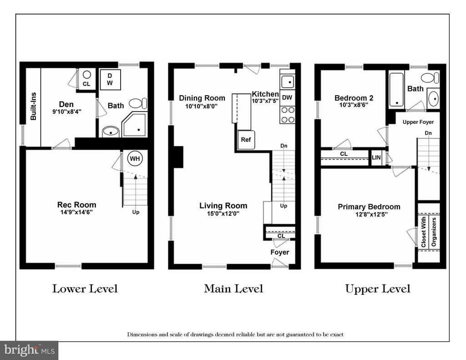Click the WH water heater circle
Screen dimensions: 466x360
coord(135,159)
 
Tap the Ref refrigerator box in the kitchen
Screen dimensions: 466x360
coord(246,140)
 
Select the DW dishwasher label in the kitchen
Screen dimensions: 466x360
coord(287,97)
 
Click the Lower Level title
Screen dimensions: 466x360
coord(85,289)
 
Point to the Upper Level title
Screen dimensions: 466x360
coord(378,289)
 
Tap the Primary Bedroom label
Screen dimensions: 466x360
coord(369,207)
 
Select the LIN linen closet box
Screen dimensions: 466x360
coord(376,157)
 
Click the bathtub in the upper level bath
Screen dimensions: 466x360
coord(396,90)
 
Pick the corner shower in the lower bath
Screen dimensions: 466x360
coord(134,125)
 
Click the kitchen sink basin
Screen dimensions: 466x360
coord(288,81)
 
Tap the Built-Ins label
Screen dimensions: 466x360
coord(33,106)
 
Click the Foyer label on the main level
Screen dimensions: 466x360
coord(280,252)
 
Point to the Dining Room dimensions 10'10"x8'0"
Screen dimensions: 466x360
coord(202,106)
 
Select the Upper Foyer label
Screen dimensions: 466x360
coord(418,122)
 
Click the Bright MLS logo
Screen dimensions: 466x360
coord(29,350)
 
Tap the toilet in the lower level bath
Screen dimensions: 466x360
coord(137,103)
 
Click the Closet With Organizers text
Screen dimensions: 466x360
coord(429,232)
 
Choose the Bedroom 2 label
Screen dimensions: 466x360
coord(354,98)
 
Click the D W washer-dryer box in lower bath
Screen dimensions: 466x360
coord(110,79)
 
